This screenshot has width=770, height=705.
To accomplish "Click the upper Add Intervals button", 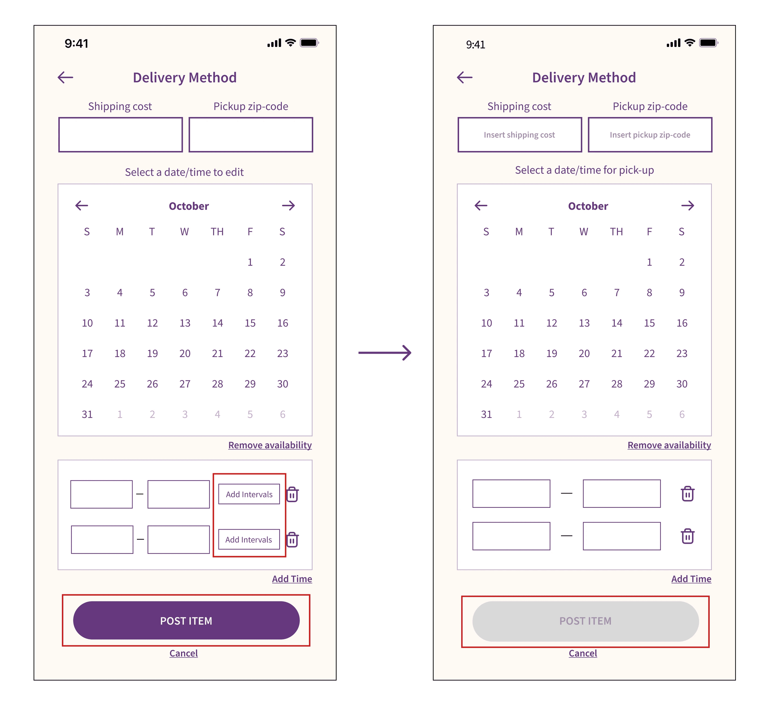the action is click(249, 494).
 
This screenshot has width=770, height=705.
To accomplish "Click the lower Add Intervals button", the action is click(249, 539).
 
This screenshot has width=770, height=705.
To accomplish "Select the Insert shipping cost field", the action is click(519, 135).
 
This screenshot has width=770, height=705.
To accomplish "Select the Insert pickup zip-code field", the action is click(650, 135).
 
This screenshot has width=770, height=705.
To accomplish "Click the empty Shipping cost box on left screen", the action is click(120, 135).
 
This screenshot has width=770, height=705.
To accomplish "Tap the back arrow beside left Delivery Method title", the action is click(65, 77).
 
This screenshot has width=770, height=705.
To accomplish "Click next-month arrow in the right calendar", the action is click(688, 205).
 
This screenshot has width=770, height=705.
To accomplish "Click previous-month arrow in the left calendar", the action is click(82, 205).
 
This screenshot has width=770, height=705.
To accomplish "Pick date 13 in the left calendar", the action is click(185, 323).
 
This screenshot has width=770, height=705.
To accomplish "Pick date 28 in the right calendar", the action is click(616, 384).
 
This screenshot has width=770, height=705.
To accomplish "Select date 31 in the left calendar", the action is click(87, 414).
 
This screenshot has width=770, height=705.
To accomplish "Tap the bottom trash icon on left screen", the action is click(292, 539).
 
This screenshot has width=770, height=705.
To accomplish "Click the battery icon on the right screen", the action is click(709, 43).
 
